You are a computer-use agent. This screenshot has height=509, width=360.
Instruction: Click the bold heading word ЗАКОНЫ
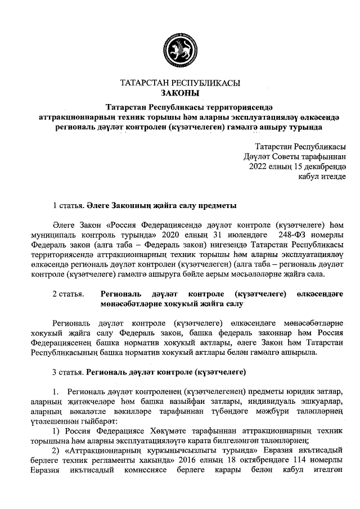point(180,93)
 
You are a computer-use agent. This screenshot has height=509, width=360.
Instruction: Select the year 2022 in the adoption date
point(258,166)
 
